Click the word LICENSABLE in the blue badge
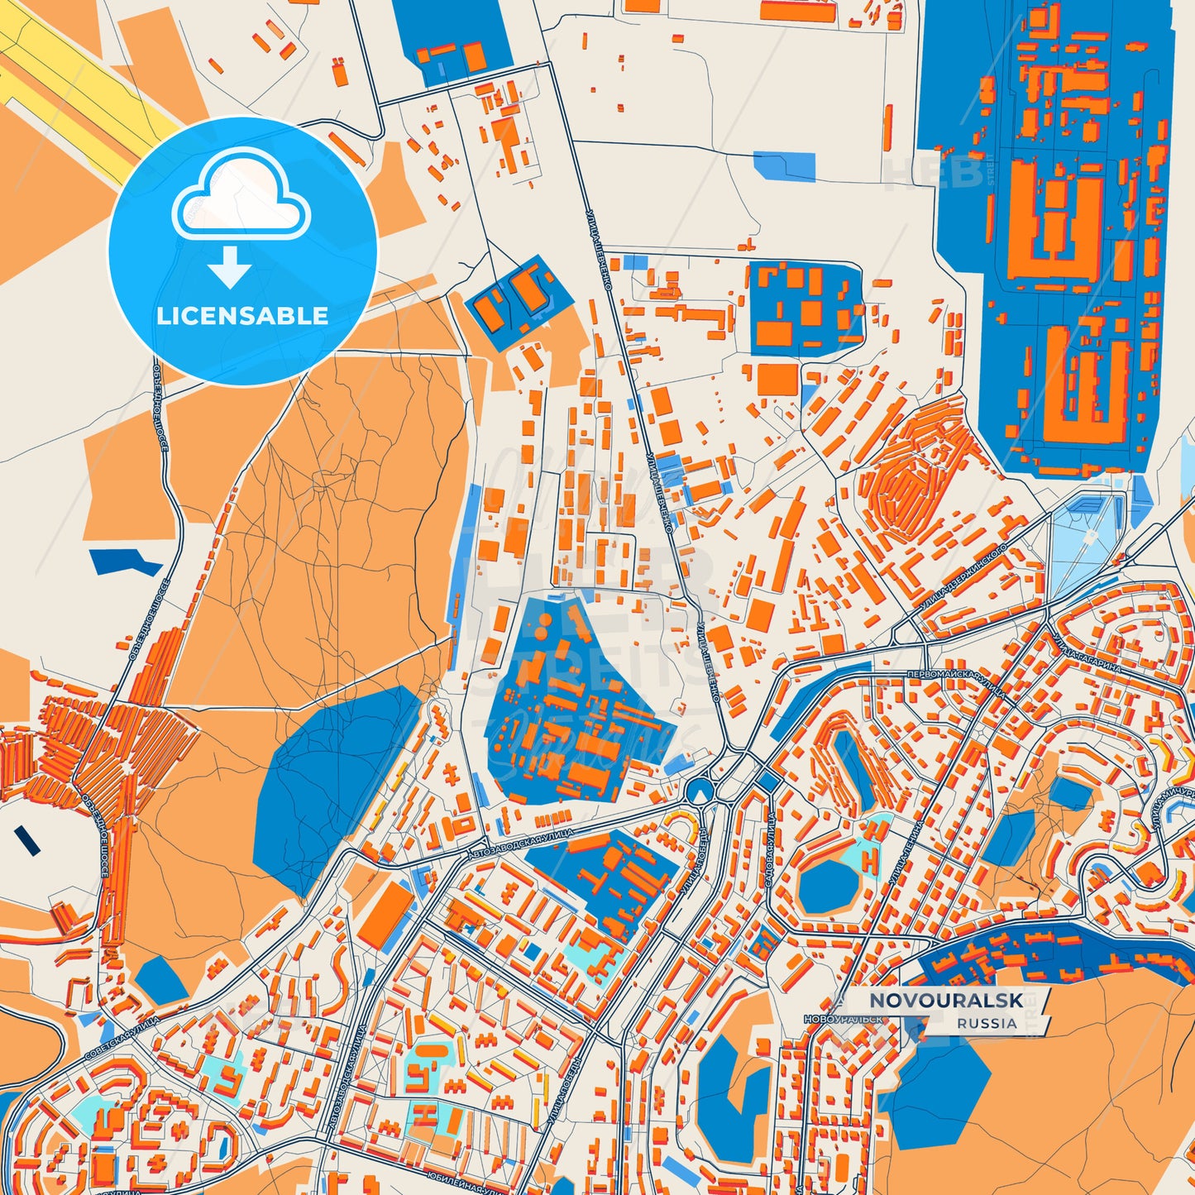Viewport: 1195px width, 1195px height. tap(242, 316)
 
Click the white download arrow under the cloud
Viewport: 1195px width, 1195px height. tap(230, 267)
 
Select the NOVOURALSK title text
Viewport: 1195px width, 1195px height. tap(946, 1001)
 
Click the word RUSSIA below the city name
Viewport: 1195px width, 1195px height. tap(987, 1023)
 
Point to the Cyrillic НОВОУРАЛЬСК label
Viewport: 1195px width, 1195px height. tap(844, 1020)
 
